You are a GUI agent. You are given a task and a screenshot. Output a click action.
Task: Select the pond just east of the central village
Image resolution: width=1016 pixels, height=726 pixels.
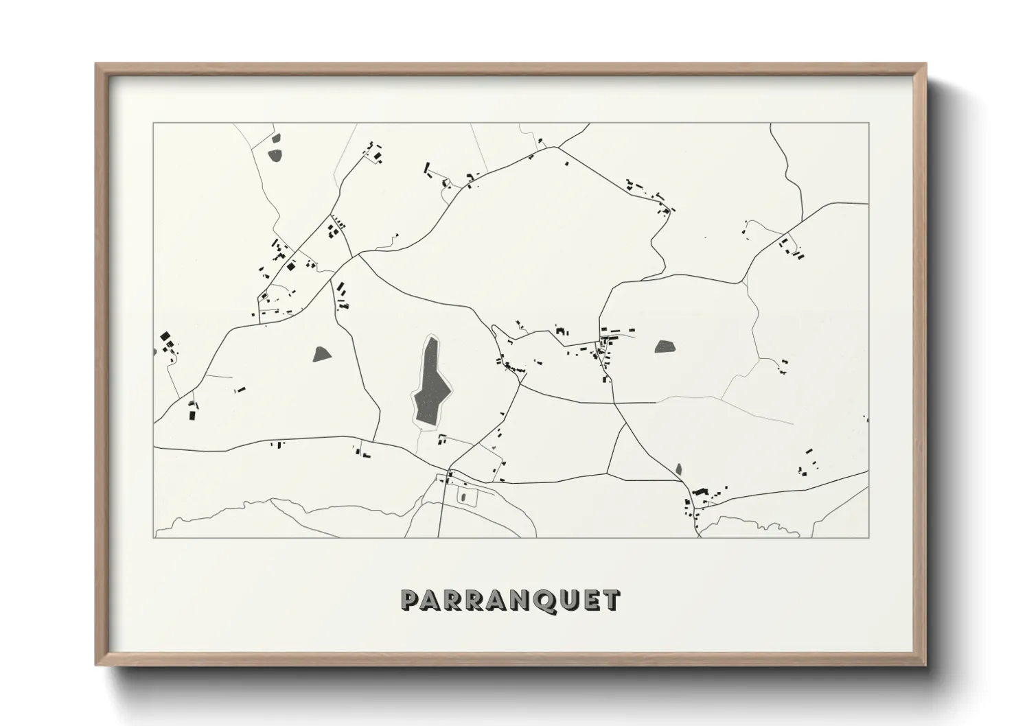click(664, 347)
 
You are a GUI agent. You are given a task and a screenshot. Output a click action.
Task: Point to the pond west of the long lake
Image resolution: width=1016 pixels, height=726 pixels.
click(321, 354)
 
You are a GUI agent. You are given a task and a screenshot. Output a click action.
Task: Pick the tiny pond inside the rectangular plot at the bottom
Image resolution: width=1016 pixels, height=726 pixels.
click(463, 496)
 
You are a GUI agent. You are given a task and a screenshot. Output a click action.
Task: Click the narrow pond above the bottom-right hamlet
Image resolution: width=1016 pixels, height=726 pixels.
click(679, 469)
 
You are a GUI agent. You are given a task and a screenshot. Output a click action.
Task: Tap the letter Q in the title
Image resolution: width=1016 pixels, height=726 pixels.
click(542, 600)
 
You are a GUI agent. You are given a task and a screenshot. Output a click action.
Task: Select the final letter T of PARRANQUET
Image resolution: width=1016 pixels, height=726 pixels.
click(610, 600)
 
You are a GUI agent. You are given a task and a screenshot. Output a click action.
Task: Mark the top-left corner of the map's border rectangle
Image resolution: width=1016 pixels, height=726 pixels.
click(154, 124)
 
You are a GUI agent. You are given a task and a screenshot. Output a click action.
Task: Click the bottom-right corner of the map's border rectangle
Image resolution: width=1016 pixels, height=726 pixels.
click(868, 537)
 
